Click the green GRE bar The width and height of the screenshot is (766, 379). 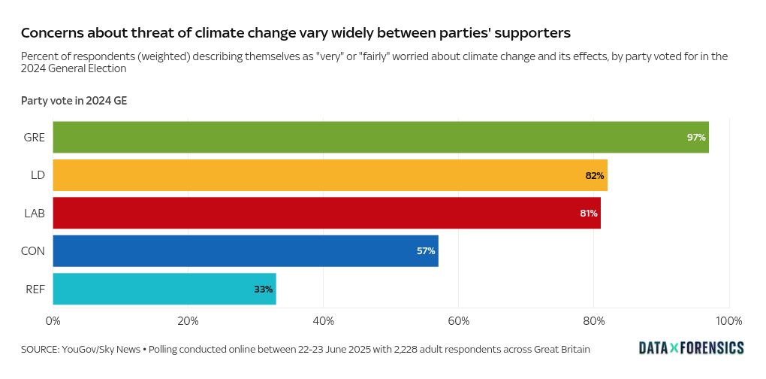[380, 137]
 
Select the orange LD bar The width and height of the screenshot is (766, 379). [330, 175]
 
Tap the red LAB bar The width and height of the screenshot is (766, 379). [327, 213]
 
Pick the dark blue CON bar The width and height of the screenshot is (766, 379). [245, 251]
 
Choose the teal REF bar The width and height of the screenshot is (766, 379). [164, 289]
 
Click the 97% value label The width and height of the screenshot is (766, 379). [695, 138]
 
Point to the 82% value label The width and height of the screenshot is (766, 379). [595, 175]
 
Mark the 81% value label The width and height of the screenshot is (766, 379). [588, 214]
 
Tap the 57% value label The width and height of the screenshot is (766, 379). [426, 251]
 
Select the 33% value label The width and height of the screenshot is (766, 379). [263, 289]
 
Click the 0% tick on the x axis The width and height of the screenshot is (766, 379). [53, 321]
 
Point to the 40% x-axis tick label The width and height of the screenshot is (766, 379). [323, 321]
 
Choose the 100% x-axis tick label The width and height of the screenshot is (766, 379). [728, 321]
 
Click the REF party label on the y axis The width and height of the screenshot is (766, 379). [35, 289]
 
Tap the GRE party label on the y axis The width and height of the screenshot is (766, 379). [35, 138]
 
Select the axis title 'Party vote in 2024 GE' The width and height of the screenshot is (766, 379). [74, 101]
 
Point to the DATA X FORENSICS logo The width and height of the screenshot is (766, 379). [691, 347]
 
